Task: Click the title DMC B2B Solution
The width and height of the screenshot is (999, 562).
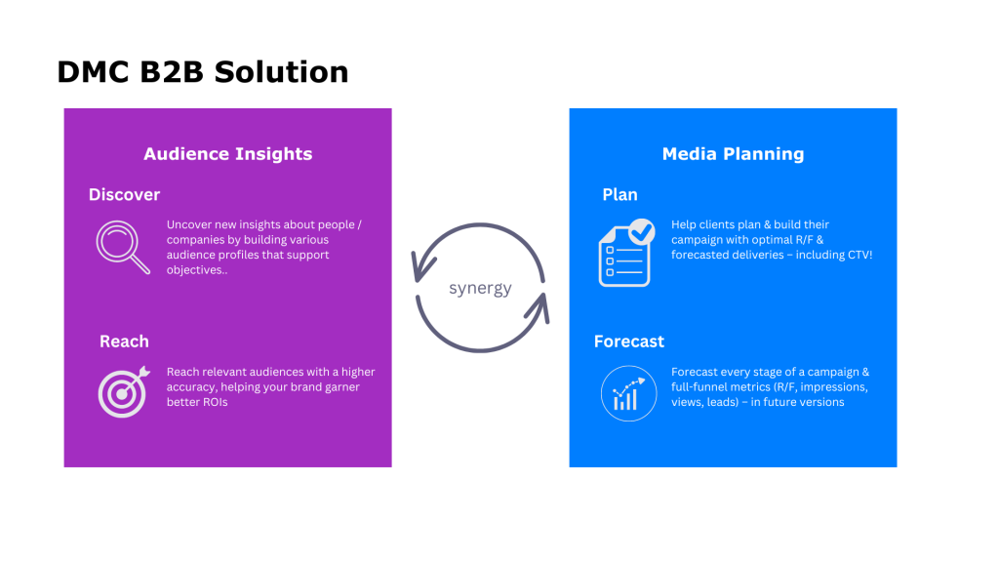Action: [203, 72]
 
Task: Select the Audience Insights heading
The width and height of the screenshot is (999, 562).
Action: [228, 154]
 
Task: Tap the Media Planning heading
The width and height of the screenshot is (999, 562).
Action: [733, 154]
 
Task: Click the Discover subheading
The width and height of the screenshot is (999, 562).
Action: [124, 194]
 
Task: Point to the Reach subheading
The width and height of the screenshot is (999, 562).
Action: [124, 341]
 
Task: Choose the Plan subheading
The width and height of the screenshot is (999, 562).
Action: [619, 194]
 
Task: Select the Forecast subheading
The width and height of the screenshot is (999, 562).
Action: [629, 341]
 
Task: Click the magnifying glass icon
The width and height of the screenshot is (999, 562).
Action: [123, 247]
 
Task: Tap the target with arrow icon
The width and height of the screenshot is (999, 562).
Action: [124, 392]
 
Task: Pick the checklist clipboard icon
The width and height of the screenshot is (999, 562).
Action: [626, 253]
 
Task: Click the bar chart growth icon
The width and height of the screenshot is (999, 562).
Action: [629, 393]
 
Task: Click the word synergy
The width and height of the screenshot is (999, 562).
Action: [480, 289]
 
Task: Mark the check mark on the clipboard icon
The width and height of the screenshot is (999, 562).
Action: [642, 232]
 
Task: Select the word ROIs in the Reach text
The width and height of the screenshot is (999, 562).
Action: [214, 402]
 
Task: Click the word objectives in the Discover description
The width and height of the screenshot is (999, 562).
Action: [194, 270]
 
